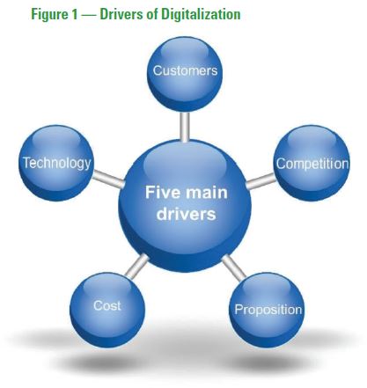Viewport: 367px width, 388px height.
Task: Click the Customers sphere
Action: click(x=185, y=74)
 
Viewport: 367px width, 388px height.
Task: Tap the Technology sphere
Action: click(x=56, y=163)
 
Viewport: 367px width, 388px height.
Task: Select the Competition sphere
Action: click(x=312, y=163)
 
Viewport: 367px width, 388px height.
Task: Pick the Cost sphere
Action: click(x=107, y=310)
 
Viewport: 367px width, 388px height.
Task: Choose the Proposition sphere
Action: click(x=267, y=310)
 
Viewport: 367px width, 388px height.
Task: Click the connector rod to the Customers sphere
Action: click(x=185, y=127)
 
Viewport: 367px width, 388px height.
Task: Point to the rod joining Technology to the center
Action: click(x=108, y=179)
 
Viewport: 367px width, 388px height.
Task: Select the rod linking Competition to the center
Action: click(x=261, y=181)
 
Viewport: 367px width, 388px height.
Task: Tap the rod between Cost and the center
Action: click(x=137, y=266)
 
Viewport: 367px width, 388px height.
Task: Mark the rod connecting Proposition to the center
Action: click(x=234, y=267)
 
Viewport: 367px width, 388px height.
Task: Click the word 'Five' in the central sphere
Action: click(x=163, y=193)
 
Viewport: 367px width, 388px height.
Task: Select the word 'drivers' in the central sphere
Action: click(x=187, y=214)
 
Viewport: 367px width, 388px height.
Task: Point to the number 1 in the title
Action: click(x=73, y=14)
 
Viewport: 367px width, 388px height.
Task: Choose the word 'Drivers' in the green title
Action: click(x=121, y=14)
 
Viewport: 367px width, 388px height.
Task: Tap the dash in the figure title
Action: click(x=89, y=15)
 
